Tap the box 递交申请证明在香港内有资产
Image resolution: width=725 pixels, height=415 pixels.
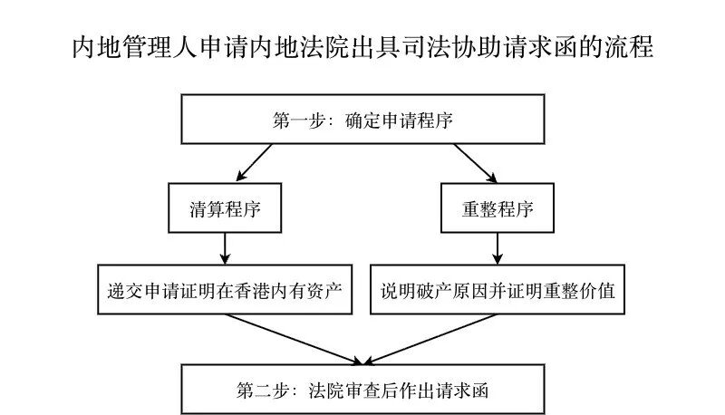(x=225, y=289)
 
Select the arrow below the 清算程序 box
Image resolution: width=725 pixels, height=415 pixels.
(x=225, y=246)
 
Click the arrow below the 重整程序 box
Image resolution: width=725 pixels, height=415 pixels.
(x=497, y=246)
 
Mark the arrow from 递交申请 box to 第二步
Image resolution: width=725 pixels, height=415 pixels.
(x=290, y=337)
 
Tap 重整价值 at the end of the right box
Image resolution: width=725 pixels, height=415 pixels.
(x=585, y=290)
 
